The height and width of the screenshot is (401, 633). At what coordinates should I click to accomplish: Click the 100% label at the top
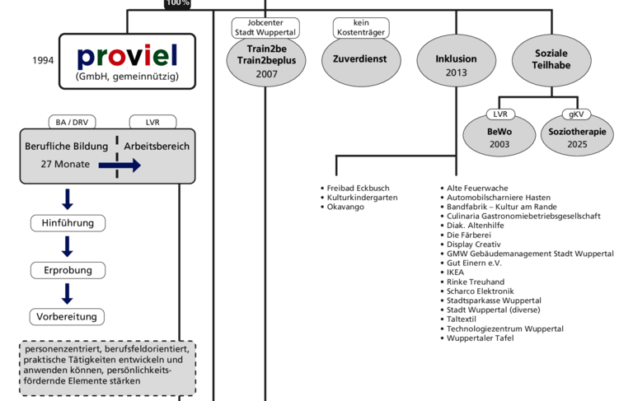[177, 3]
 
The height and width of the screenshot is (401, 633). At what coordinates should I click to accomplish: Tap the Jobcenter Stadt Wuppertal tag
[265, 28]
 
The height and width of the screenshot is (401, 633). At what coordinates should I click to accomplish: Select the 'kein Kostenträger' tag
[360, 28]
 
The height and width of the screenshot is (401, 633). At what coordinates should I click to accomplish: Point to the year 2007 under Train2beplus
[265, 73]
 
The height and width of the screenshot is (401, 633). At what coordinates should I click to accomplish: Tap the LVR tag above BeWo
[499, 114]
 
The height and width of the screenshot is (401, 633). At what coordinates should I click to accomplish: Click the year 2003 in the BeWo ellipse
[499, 144]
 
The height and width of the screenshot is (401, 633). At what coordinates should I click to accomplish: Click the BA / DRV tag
[72, 122]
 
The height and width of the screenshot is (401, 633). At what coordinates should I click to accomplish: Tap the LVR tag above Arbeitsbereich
[153, 122]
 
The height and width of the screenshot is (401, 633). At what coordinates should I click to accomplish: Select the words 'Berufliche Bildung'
[67, 147]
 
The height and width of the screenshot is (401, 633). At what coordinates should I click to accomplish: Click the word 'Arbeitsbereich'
[157, 147]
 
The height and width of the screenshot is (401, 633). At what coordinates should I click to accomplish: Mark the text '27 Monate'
[66, 165]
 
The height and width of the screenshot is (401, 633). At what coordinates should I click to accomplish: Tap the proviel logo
[127, 60]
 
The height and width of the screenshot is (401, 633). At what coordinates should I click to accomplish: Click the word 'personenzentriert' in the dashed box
[62, 348]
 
